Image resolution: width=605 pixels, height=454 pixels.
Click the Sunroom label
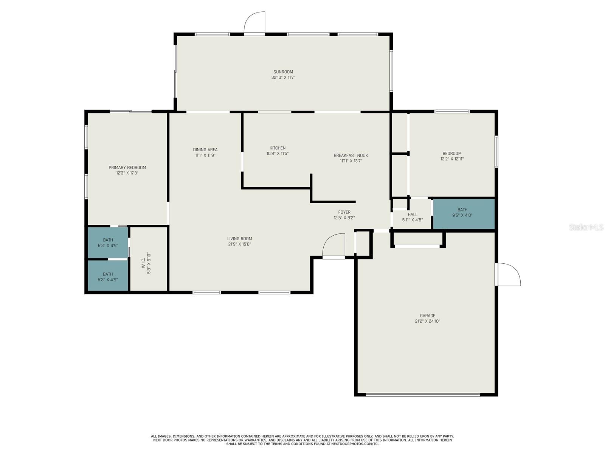(x=283, y=72)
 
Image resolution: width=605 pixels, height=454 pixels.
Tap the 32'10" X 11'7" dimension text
(x=283, y=78)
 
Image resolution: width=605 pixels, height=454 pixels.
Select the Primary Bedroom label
(x=127, y=168)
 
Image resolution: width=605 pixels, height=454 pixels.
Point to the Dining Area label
(x=205, y=150)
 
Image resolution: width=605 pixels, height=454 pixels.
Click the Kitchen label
(x=278, y=148)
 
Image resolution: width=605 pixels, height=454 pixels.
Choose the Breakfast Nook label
(x=351, y=155)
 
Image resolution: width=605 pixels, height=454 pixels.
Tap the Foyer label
(x=344, y=212)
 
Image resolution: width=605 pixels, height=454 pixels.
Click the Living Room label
(x=239, y=239)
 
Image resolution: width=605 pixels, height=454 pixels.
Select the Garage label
(x=428, y=316)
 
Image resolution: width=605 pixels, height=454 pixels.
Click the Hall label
(x=412, y=215)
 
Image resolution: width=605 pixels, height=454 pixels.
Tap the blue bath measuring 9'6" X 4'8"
(x=464, y=214)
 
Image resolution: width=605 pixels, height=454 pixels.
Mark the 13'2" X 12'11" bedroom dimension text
(x=452, y=159)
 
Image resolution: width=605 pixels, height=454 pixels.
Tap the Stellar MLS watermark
(x=586, y=227)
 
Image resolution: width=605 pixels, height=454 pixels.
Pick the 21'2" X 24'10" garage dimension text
(x=428, y=321)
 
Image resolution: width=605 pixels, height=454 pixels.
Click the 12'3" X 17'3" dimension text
(x=127, y=173)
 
